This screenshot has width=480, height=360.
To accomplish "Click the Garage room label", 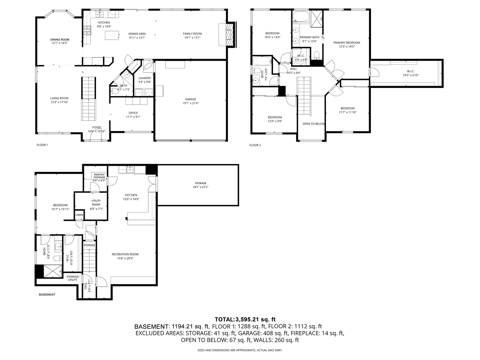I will point(191,99).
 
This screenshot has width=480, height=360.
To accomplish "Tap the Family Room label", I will point(192,34).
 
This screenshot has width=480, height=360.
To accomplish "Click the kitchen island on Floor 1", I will point(112,35).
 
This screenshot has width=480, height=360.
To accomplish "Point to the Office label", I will point(133,113).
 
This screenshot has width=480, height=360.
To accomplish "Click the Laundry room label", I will point(145,78).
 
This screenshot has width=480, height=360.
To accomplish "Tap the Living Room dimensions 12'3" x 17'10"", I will point(59,102).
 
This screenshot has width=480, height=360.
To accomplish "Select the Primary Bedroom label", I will point(347,43).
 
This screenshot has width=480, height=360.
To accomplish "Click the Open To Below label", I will point(313,124).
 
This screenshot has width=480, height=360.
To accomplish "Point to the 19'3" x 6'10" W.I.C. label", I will point(410,75).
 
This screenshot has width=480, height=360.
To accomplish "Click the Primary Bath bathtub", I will point(301,16).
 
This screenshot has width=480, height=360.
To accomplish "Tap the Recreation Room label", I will point(125,254).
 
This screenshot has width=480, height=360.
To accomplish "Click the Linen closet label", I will point(79,215).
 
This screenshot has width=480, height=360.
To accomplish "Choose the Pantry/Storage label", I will point(99,176).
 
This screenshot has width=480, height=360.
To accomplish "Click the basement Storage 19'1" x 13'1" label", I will point(200,183).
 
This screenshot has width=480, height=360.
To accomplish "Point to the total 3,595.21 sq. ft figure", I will point(256,319).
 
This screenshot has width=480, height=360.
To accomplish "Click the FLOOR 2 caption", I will point(255,145).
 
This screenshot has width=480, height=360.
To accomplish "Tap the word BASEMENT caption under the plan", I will point(47,294).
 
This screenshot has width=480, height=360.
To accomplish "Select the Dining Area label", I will point(137,34).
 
